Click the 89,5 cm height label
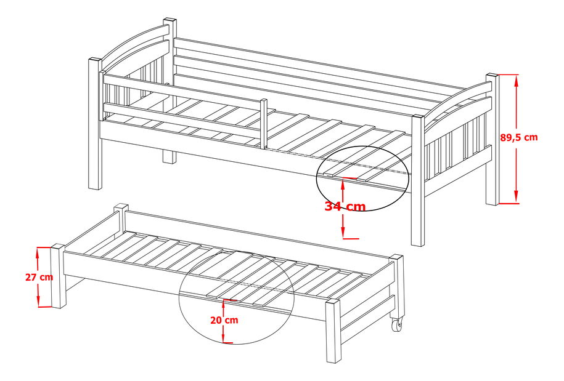click(519, 137)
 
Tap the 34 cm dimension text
click(345, 206)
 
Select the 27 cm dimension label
click(39, 277)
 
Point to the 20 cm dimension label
click(224, 320)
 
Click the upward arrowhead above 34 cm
click(343, 184)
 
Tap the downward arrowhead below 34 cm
click(343, 231)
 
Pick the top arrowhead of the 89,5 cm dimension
click(517, 81)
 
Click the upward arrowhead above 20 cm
click(224, 305)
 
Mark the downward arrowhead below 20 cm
click(224, 337)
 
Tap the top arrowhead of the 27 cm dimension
click(38, 254)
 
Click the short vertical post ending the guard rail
click(264, 123)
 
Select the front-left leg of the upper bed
click(95, 124)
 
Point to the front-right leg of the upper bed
click(418, 180)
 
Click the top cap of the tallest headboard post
click(170, 20)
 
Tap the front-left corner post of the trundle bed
click(58, 276)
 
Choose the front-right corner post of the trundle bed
click(333, 331)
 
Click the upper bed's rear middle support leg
click(170, 156)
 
